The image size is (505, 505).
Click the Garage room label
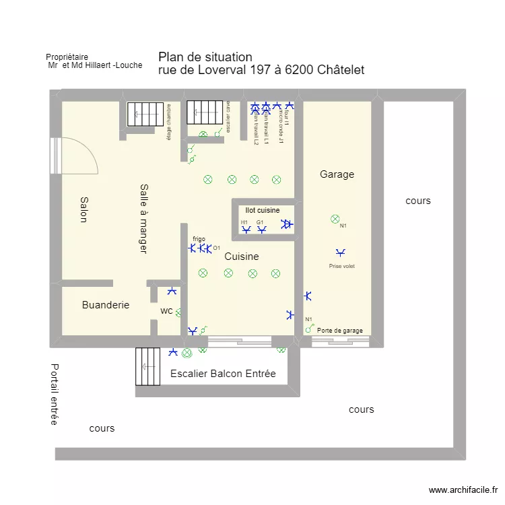337,174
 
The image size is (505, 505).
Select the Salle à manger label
143,218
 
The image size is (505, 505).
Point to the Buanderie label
106,305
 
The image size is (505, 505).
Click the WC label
167,311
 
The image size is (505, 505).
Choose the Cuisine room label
242,257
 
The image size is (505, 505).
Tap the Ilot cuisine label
263,211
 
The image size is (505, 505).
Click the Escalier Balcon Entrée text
223,374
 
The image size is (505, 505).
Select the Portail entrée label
54,395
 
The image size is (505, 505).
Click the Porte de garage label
340,331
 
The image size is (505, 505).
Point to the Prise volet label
341,266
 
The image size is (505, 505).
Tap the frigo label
199,239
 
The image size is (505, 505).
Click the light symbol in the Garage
335,219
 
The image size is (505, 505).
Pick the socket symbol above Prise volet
341,252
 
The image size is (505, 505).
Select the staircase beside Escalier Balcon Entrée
148,366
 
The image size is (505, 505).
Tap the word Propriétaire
67,57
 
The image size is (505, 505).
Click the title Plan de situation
205,57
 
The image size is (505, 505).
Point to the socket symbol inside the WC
172,292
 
